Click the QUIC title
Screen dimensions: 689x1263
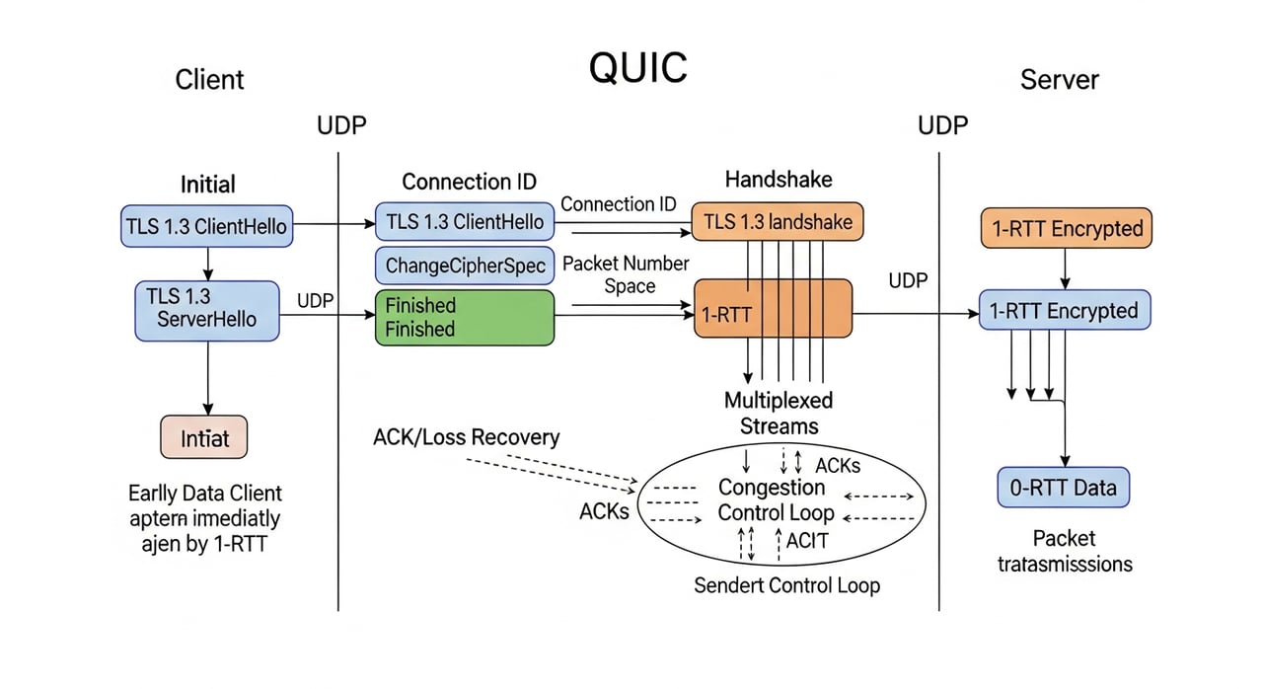pyautogui.click(x=637, y=68)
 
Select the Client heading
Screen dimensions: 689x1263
pyautogui.click(x=209, y=80)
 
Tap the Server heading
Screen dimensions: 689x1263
pyautogui.click(x=1059, y=80)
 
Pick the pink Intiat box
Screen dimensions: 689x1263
pyautogui.click(x=203, y=437)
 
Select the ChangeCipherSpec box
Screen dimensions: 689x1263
pyautogui.click(x=465, y=266)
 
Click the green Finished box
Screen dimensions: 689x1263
pyautogui.click(x=465, y=317)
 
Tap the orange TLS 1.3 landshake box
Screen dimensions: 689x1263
pyautogui.click(x=777, y=222)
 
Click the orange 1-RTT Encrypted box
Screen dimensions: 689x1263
pyautogui.click(x=1067, y=228)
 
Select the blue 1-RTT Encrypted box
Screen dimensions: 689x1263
pyautogui.click(x=1064, y=310)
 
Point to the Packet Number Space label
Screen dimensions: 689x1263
pyautogui.click(x=626, y=274)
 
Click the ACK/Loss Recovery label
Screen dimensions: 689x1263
pyautogui.click(x=466, y=437)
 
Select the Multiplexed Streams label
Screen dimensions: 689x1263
pyautogui.click(x=779, y=413)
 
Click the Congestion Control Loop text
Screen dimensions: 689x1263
pyautogui.click(x=776, y=499)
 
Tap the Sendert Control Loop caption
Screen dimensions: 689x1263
pyautogui.click(x=786, y=585)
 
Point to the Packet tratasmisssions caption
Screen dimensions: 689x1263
pyautogui.click(x=1064, y=551)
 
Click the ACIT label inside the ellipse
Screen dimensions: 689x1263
pyautogui.click(x=807, y=539)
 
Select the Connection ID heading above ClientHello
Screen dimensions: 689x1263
pyautogui.click(x=469, y=182)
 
